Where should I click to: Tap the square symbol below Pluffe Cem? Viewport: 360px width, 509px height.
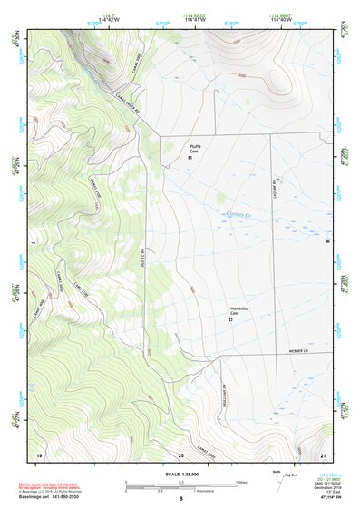click(190, 158)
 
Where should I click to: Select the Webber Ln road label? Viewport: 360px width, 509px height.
click(299, 350)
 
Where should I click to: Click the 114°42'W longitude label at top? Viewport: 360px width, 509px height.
click(110, 22)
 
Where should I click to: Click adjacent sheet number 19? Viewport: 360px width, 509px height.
click(39, 454)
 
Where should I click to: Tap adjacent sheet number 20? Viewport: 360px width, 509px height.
click(181, 454)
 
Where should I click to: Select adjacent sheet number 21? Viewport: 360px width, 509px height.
click(323, 454)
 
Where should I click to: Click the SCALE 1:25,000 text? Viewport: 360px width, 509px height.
click(180, 474)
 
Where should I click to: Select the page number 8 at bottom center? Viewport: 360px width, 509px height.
click(180, 500)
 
